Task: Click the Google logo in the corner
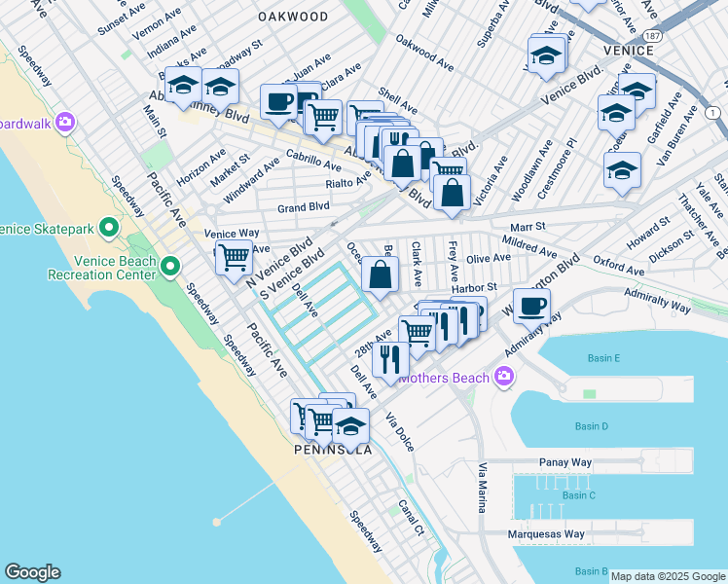coord(32,572)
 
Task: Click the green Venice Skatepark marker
coord(109,229)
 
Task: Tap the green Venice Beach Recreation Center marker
coord(171,266)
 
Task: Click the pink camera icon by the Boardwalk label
coord(65,123)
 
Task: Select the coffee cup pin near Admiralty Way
coord(530,307)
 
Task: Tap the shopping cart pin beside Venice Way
coord(234,259)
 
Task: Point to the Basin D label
coord(591,426)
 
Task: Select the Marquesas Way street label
coord(546,533)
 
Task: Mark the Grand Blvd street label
coord(304,207)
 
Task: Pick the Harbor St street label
coord(474,287)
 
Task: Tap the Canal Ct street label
coord(411,518)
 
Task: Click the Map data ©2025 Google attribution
coord(668,576)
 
